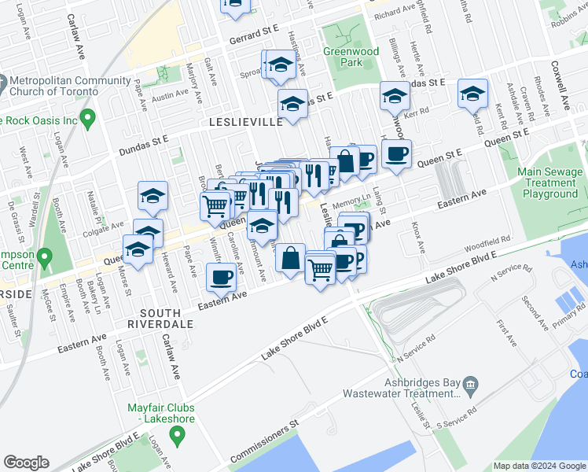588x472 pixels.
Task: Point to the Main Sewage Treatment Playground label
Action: (x=550, y=183)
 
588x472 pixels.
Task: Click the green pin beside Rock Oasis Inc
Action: (x=87, y=120)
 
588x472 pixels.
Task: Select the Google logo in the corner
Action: (x=26, y=463)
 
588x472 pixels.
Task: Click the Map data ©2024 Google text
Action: (x=538, y=466)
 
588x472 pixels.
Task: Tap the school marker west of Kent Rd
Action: (x=472, y=94)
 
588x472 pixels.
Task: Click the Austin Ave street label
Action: (x=171, y=96)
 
